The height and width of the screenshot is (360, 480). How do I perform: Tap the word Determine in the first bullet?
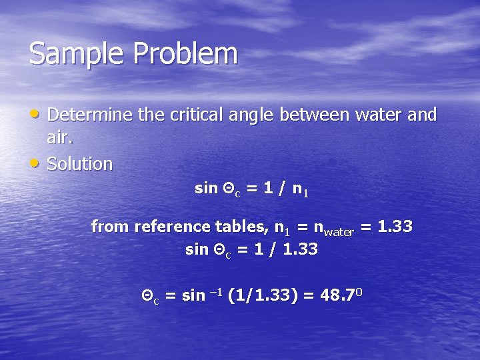tap(90, 115)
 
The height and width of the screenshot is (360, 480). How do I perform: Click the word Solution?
tap(80, 163)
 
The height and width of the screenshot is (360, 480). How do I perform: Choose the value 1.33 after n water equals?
tap(395, 227)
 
